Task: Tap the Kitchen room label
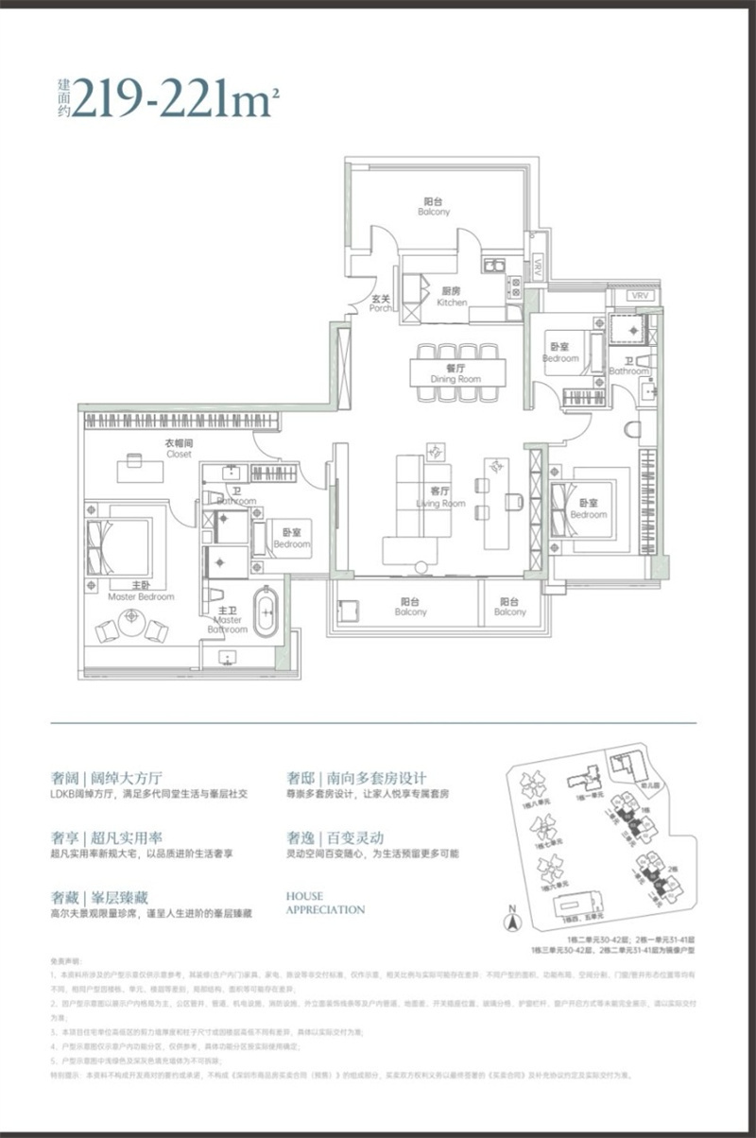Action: click(x=452, y=297)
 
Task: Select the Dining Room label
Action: click(x=455, y=373)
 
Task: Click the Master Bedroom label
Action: click(x=141, y=592)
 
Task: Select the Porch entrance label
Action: click(x=381, y=302)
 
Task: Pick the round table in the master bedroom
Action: click(x=131, y=619)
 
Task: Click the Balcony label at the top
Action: click(x=435, y=206)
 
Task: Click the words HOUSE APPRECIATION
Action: click(x=325, y=903)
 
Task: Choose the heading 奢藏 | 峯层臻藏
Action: click(x=100, y=896)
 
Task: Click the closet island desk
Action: click(x=131, y=464)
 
